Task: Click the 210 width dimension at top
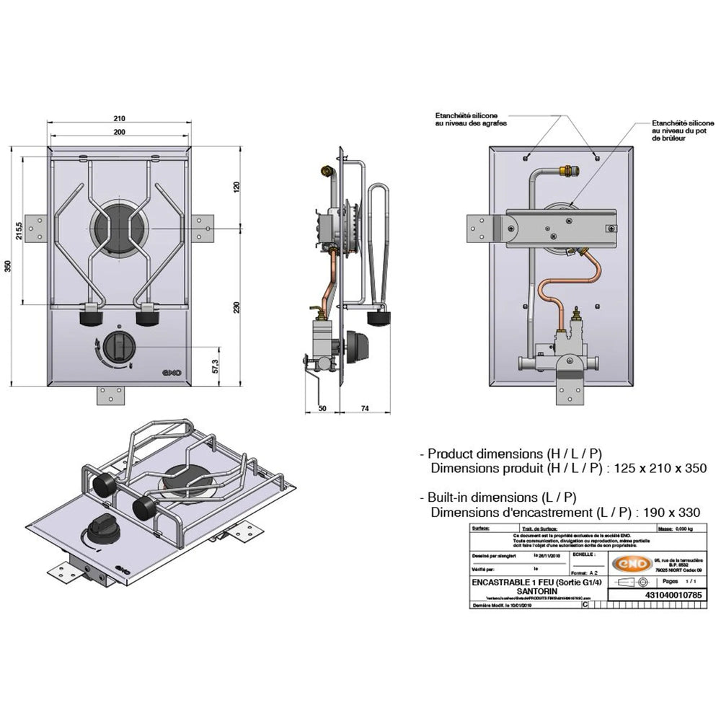(x=120, y=118)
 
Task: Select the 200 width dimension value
(x=120, y=132)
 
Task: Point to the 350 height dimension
(x=9, y=266)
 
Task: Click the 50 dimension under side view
(x=322, y=408)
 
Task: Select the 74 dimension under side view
(x=365, y=408)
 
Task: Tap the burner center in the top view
(x=120, y=228)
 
